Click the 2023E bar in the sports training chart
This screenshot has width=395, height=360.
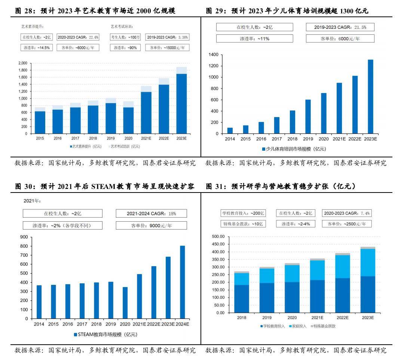click(x=370, y=96)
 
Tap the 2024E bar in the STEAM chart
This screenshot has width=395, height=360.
click(x=182, y=282)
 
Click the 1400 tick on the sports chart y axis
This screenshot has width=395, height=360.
click(x=214, y=55)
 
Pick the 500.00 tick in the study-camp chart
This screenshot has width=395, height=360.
click(x=217, y=237)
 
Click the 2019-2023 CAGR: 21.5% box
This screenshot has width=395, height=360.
click(x=340, y=27)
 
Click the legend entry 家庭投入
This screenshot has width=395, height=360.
click(x=298, y=326)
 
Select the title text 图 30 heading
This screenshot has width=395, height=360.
click(x=105, y=186)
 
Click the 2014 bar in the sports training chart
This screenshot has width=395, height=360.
click(x=230, y=130)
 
